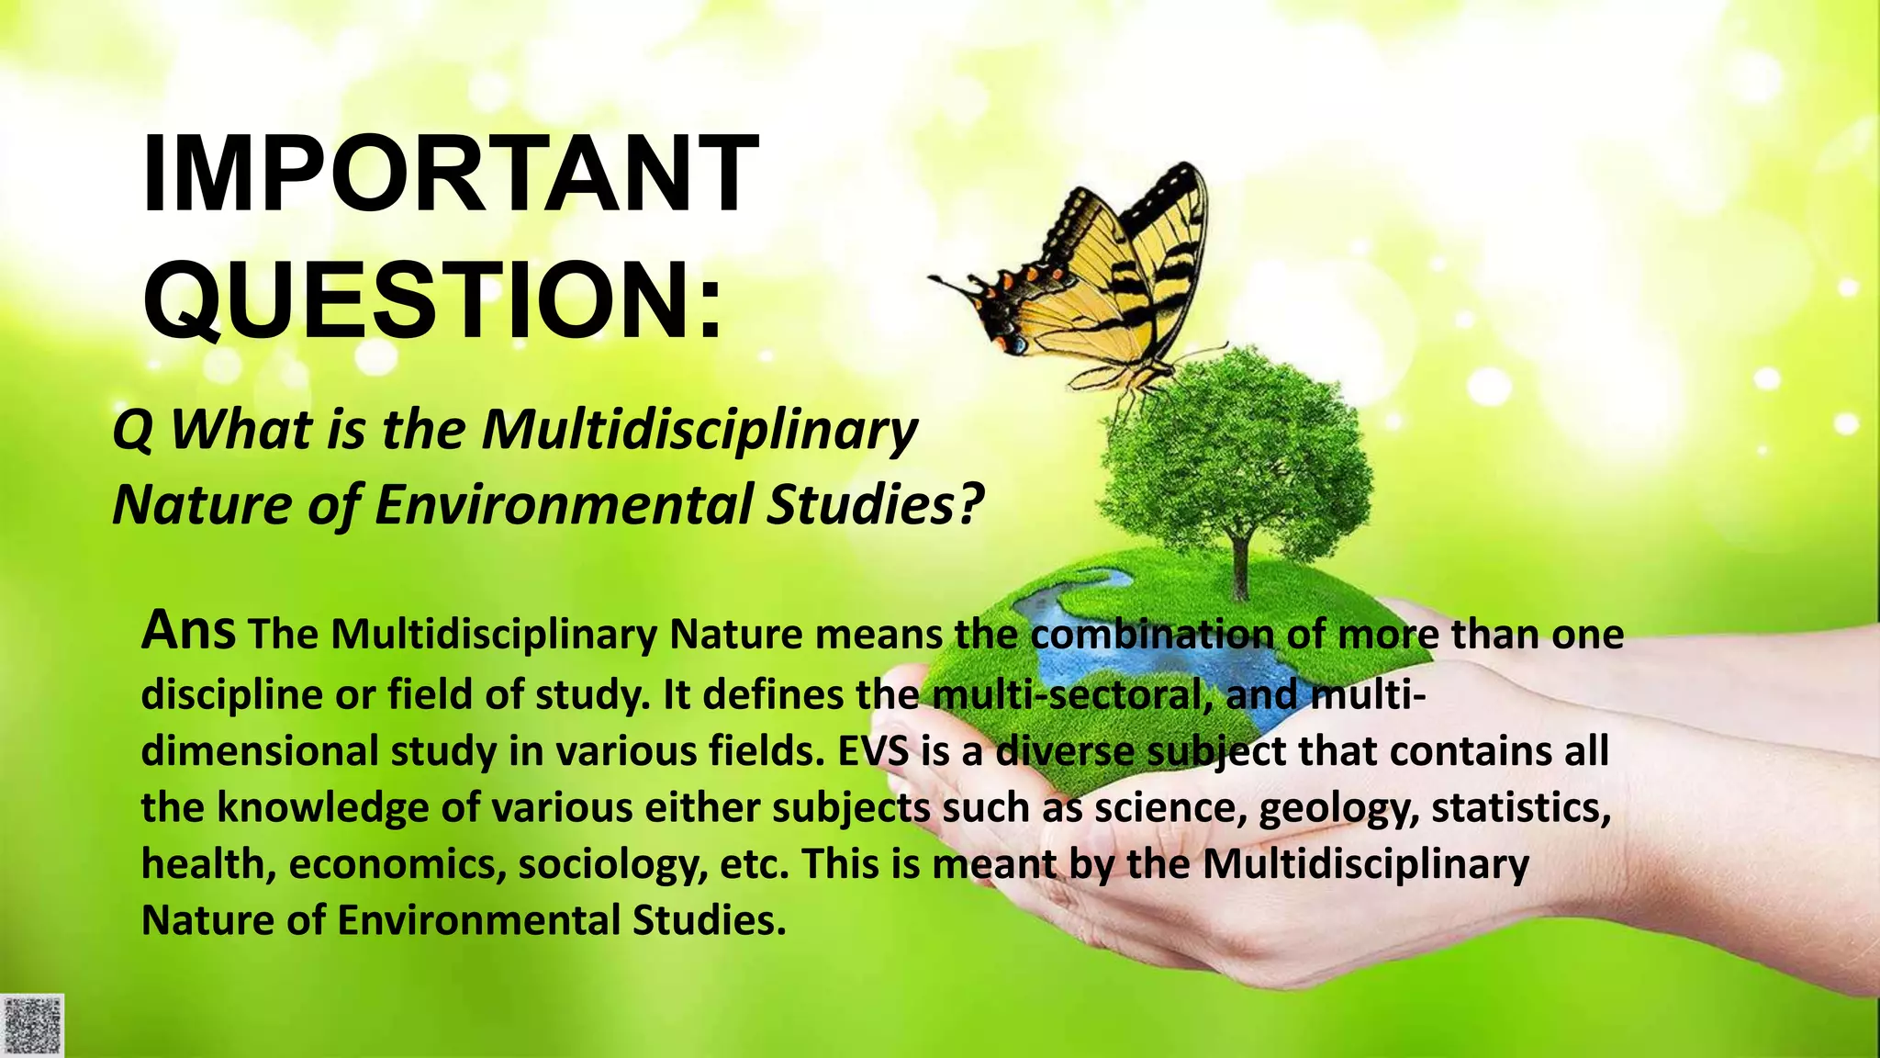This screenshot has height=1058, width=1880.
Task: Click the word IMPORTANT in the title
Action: [x=450, y=174]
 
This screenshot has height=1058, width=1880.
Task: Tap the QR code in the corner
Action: [x=32, y=1025]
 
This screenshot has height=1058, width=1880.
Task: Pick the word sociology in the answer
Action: [x=612, y=865]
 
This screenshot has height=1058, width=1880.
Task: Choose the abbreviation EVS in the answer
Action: [x=873, y=751]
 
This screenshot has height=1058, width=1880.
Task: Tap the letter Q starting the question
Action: [x=132, y=432]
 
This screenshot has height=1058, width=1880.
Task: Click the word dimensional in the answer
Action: [x=260, y=751]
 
